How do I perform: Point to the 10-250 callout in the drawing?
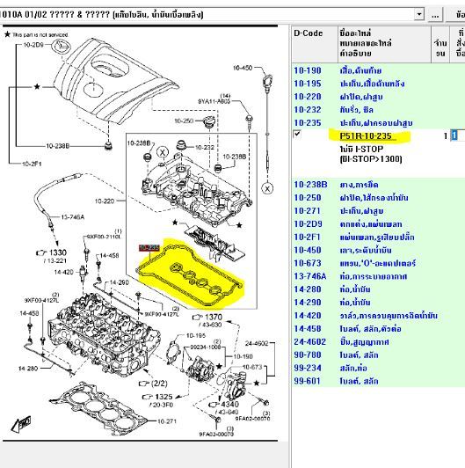tap(183, 121)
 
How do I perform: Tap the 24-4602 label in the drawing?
tap(257, 344)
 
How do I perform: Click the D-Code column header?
tap(308, 33)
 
